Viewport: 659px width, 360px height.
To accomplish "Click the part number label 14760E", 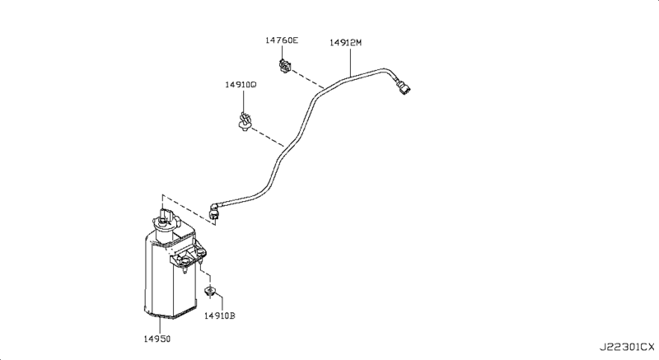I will click(283, 40).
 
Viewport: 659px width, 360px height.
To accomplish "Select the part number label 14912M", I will click(347, 40).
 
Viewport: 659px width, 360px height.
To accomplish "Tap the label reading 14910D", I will click(241, 84).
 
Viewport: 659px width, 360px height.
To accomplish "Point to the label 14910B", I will click(220, 316).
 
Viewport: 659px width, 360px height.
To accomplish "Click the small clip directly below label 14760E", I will click(285, 64).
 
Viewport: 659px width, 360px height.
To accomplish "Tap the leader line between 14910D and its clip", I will click(243, 99).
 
